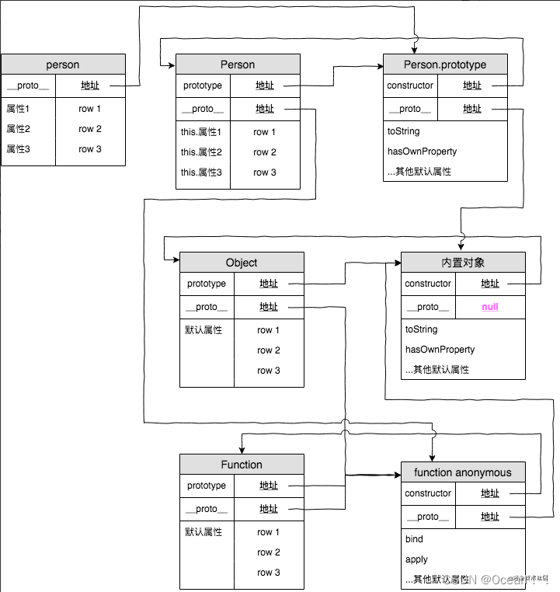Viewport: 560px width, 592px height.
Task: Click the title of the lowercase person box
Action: (x=63, y=64)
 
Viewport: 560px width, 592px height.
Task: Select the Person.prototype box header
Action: (x=445, y=64)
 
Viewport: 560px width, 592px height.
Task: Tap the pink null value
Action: (x=490, y=307)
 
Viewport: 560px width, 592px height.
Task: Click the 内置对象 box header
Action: (x=463, y=263)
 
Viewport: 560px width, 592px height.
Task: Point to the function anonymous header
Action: (x=463, y=472)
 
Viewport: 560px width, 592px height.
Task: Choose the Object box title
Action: (x=242, y=263)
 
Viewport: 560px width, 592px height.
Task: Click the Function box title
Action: (x=242, y=465)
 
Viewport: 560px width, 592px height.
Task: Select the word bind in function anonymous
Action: (x=414, y=539)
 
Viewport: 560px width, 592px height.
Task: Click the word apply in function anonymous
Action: (x=416, y=559)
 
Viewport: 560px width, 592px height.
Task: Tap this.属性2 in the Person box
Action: (x=201, y=152)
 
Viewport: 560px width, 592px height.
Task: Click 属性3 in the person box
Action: (x=18, y=149)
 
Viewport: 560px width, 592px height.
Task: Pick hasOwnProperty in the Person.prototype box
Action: (x=422, y=151)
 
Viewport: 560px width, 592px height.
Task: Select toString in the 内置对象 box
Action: (x=422, y=329)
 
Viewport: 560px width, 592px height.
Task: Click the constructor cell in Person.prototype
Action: (x=410, y=85)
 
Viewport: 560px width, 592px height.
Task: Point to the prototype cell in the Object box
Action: (x=207, y=284)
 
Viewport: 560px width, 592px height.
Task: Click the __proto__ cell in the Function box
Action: (x=207, y=509)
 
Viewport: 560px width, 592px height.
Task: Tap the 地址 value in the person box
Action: (x=90, y=85)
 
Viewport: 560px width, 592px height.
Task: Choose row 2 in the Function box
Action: (x=268, y=552)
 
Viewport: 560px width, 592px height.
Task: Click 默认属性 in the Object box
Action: (x=203, y=330)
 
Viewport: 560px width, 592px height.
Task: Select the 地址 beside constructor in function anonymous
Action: (x=490, y=493)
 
